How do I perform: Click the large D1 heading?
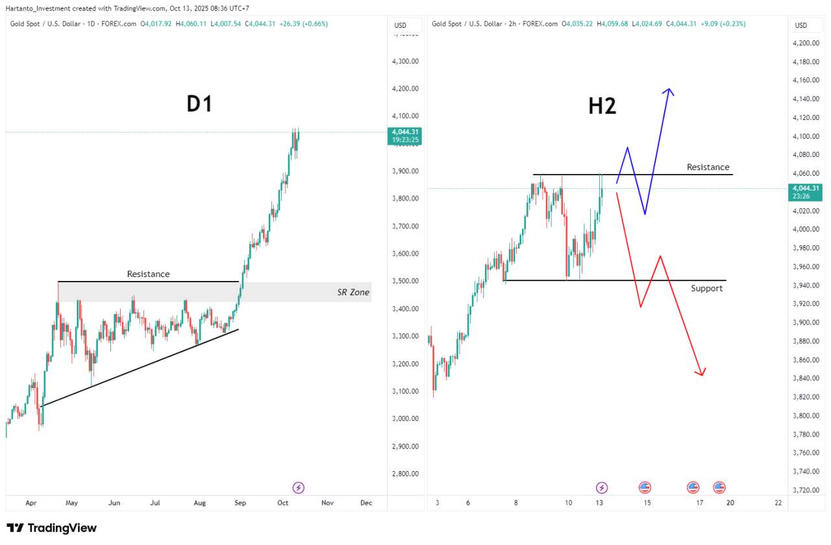tap(199, 104)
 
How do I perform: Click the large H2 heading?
tap(602, 106)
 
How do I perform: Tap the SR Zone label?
tap(353, 293)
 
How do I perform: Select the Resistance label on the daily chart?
tap(148, 274)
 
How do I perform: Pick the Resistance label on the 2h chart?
tap(708, 167)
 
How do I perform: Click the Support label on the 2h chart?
tap(706, 288)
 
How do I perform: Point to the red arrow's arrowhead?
tap(702, 372)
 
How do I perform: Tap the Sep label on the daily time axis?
tap(240, 503)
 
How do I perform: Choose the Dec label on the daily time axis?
tap(366, 503)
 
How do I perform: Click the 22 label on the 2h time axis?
tap(778, 503)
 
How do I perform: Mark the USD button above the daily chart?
tap(401, 25)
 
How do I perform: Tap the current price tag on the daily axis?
tap(404, 136)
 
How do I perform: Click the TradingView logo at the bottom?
tap(52, 528)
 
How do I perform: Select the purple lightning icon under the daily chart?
tap(299, 487)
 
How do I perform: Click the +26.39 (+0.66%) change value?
tap(303, 24)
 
